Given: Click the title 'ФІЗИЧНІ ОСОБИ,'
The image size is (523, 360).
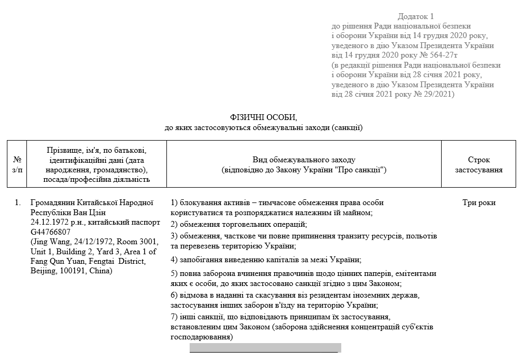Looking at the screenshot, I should pos(264,117).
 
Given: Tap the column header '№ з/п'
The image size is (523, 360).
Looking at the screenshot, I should pos(17,164).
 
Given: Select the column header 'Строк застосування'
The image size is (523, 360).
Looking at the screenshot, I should pos(479,164).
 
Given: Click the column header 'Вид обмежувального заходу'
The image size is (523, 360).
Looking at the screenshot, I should pos(304,160).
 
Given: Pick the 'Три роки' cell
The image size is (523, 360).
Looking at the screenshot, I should pos(479,202).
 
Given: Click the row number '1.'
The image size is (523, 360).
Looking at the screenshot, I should pos(18,202).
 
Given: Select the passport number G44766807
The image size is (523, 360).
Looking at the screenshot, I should pos(51,232).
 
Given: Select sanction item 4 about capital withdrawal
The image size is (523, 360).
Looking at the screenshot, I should pos(266,260).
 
